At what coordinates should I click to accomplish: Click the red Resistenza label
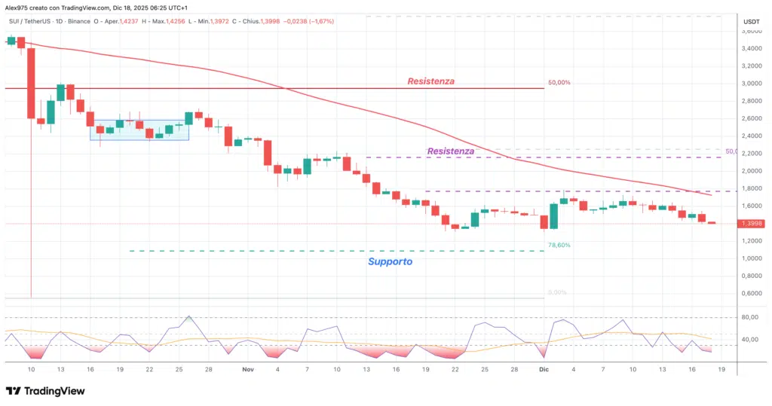pos(430,81)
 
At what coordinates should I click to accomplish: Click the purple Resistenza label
pos(450,151)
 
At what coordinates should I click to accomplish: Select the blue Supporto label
pos(390,261)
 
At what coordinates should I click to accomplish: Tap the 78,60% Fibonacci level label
pos(559,245)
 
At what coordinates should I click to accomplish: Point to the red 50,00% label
pos(559,82)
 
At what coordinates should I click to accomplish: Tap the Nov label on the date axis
pos(248,370)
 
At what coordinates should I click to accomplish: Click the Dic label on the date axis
pos(544,370)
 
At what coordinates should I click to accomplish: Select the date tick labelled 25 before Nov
pos(179,370)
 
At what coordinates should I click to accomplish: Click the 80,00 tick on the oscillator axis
pos(749,317)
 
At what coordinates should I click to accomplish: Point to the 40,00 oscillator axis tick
pos(749,340)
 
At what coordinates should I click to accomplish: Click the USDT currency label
pos(751,22)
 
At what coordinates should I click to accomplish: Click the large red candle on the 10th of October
pos(31,83)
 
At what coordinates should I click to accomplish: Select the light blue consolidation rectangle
pos(139,130)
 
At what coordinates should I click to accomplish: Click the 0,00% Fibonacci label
pos(556,292)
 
